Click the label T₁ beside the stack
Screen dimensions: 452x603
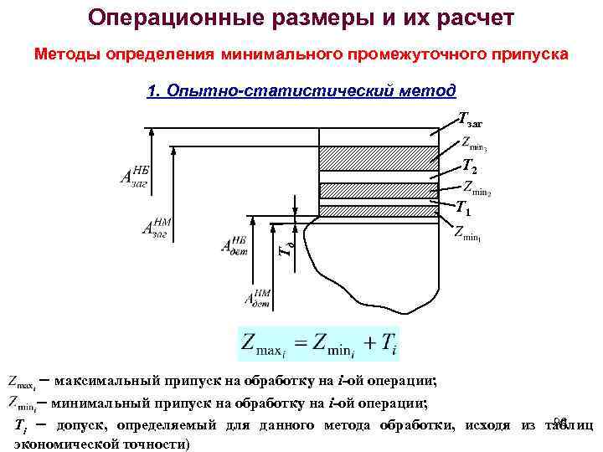pos(462,207)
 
